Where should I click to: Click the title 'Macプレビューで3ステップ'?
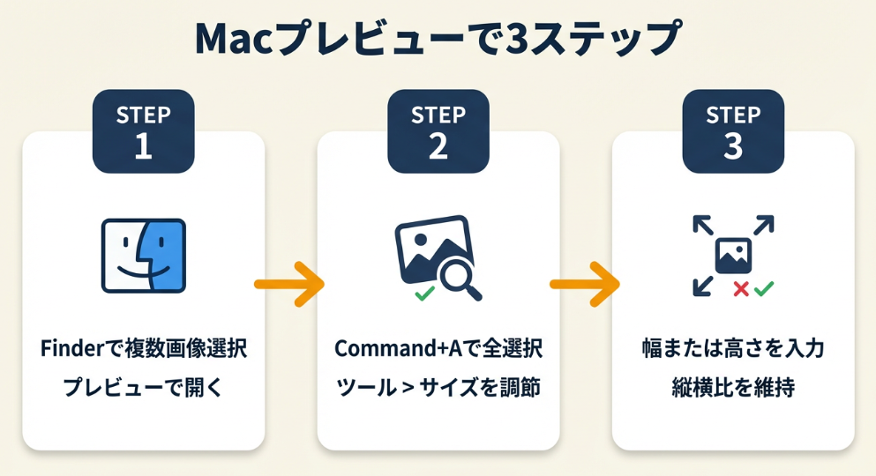coord(438,40)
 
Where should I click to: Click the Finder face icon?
coord(143,255)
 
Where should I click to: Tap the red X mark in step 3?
coord(742,288)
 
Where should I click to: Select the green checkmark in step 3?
coord(763,287)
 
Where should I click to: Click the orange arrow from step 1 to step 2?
coord(289,284)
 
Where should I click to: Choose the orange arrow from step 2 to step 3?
coord(585,284)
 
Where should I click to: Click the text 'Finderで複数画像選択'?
coord(144,349)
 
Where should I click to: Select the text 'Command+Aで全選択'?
coord(438,349)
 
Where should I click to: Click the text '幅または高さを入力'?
coord(733,349)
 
